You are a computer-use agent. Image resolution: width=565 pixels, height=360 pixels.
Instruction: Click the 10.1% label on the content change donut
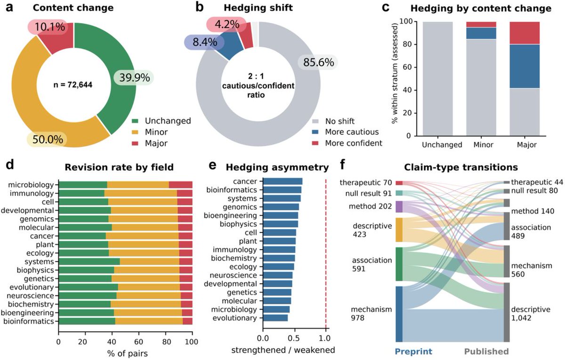50,27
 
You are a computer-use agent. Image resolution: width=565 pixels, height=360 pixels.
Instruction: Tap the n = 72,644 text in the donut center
73,85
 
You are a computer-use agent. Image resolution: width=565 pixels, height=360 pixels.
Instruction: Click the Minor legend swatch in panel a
135,132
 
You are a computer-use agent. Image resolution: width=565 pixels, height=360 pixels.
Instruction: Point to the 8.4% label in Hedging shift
205,42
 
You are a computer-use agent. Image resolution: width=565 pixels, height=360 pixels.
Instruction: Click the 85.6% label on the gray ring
319,62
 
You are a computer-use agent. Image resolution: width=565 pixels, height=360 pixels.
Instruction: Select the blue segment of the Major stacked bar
525,66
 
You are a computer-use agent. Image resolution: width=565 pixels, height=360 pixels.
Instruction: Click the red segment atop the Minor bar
481,24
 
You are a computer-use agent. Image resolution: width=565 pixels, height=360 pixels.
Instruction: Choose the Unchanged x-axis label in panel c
442,145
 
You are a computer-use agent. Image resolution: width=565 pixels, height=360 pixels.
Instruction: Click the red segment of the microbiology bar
181,185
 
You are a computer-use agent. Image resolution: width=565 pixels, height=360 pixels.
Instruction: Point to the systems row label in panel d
40,262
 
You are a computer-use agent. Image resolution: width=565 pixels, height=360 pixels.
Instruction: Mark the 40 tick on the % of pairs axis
112,342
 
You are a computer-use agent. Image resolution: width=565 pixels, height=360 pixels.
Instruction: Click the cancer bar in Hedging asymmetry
283,181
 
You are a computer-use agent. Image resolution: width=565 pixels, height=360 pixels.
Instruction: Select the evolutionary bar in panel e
275,318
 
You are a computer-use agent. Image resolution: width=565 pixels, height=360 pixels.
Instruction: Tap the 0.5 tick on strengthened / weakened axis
294,338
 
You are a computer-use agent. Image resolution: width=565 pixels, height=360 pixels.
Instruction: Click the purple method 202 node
399,206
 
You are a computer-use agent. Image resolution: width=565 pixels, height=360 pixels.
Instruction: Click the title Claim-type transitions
461,167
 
